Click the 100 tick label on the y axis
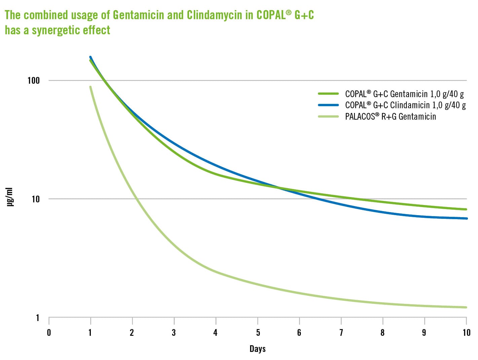pos(33,80)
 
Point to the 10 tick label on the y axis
pos(35,199)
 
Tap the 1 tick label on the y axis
pos(38,318)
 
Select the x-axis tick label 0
pos(49,333)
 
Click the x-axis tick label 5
pos(258,333)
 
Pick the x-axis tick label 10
pos(466,333)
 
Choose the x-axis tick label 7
pos(341,333)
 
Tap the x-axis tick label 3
pos(174,333)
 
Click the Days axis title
pos(257,349)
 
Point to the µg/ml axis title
pos(10,197)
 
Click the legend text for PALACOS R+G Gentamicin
pos(390,117)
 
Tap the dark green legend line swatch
pos(328,94)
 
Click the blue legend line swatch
pos(328,105)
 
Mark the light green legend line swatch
pos(328,117)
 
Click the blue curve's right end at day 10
pos(466,218)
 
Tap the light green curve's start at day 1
pos(90,87)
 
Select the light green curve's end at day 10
pos(466,307)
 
